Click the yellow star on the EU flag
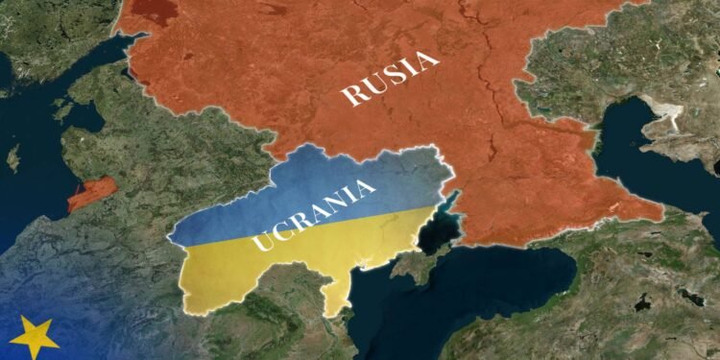click(x=34, y=337)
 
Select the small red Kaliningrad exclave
click(x=91, y=193)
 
